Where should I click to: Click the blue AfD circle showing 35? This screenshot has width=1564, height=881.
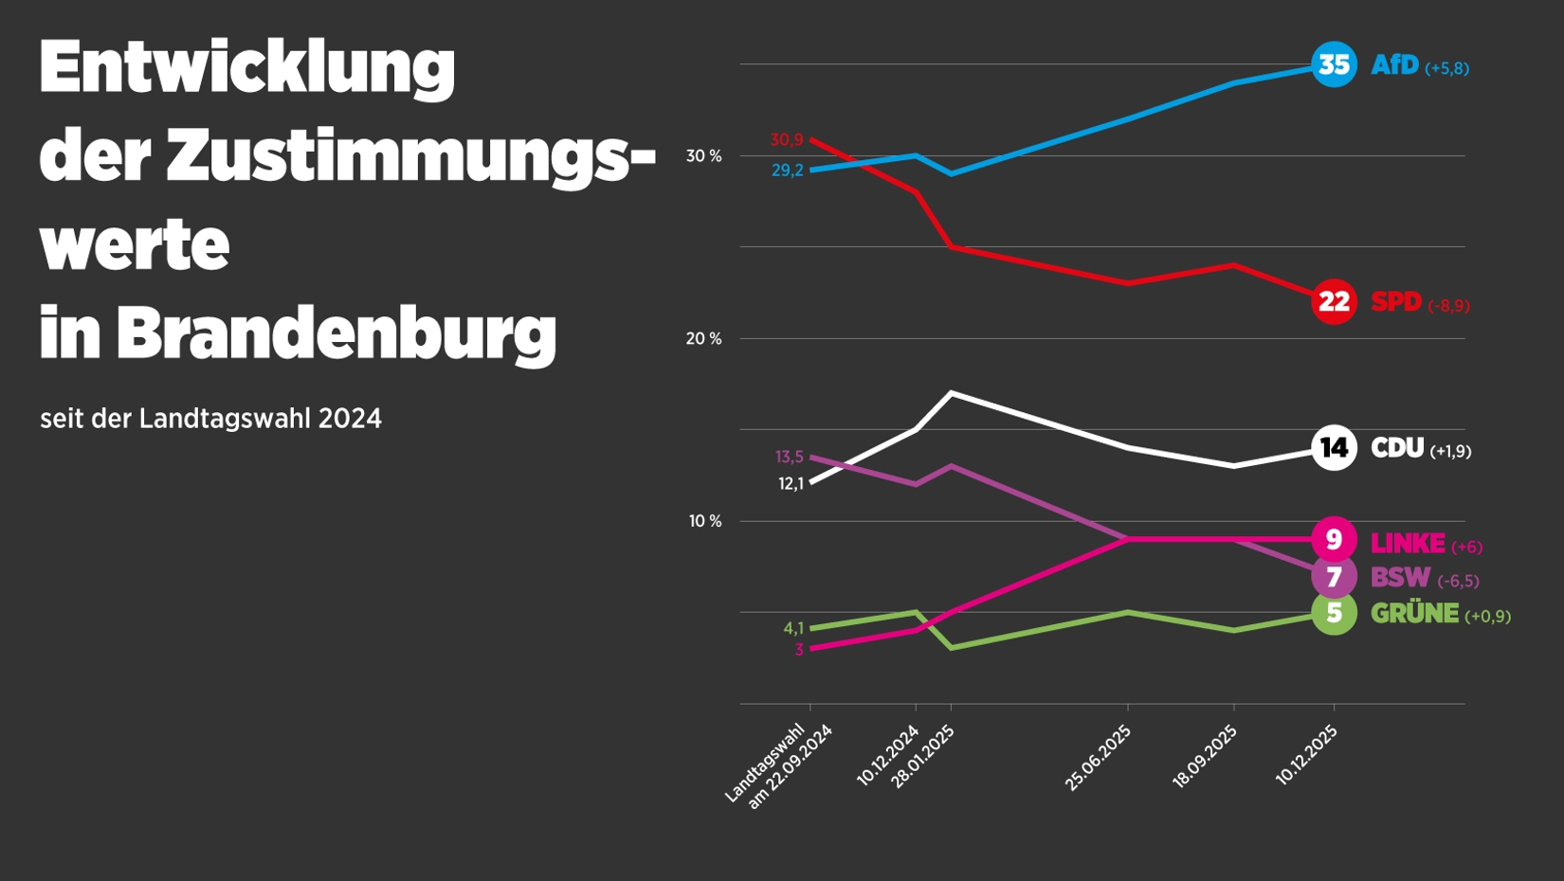(x=1334, y=64)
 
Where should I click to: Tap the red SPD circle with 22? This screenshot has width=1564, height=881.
(x=1334, y=301)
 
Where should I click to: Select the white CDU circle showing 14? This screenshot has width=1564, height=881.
(x=1334, y=447)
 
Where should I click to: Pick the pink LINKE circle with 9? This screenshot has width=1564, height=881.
(x=1334, y=539)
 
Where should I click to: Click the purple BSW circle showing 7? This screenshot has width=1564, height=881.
(x=1334, y=577)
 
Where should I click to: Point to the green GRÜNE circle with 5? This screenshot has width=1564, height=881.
(x=1334, y=613)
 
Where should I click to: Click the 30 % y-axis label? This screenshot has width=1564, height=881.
(x=703, y=156)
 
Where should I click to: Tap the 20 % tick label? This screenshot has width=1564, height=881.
(x=703, y=339)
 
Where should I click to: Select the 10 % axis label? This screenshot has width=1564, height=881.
(x=704, y=522)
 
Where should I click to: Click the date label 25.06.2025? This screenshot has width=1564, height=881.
(x=1099, y=758)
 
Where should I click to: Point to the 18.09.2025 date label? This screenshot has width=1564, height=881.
(x=1205, y=758)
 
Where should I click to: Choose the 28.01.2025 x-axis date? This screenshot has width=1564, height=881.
(x=922, y=758)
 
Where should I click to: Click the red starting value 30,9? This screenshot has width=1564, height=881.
(x=786, y=140)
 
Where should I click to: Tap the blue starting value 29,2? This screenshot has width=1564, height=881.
(x=787, y=171)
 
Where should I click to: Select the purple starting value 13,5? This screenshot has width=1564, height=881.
(x=789, y=458)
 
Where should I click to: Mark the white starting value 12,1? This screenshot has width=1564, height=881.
(x=791, y=484)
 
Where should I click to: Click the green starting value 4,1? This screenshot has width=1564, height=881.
(x=793, y=629)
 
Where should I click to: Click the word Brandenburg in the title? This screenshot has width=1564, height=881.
(x=336, y=333)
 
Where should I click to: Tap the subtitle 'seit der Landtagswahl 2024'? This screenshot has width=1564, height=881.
(x=210, y=419)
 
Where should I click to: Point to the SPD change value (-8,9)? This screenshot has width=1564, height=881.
(x=1448, y=306)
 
